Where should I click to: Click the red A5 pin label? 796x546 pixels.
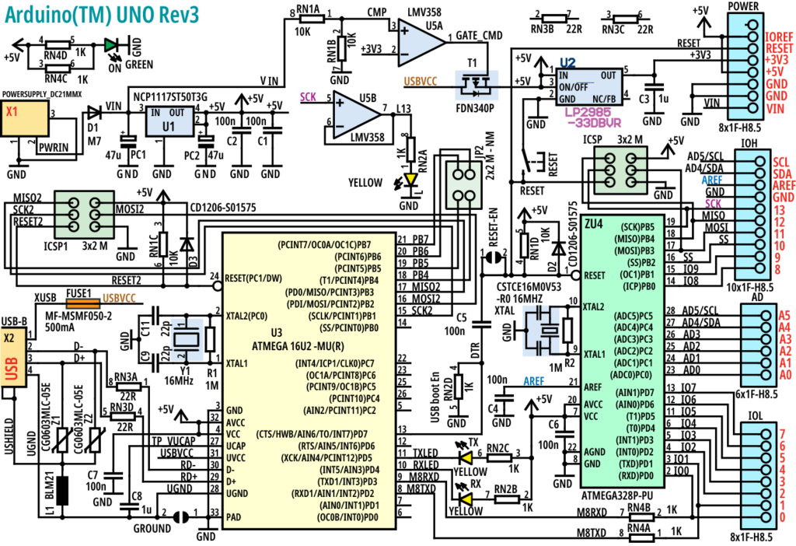[x=784, y=315]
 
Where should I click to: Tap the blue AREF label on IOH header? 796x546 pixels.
[x=714, y=179]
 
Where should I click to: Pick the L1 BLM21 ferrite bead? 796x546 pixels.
[x=64, y=489]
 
